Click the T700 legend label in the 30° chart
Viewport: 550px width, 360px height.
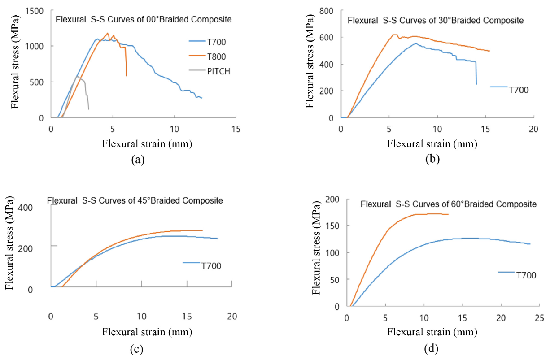519,90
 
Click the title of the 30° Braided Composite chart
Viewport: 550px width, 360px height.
436,20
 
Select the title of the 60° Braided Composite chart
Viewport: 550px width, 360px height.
449,204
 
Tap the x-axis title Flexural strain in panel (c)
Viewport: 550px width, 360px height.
148,332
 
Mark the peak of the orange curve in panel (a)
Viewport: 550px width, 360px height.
107,33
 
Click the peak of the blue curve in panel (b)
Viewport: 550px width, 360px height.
415,43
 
